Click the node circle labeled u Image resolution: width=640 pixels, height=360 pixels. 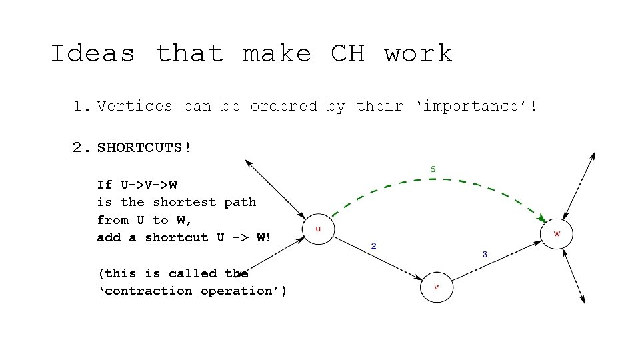[318, 229]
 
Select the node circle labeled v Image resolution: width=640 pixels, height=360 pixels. [437, 287]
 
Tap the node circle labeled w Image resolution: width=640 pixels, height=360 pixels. [557, 233]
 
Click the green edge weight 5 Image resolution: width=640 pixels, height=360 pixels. [433, 169]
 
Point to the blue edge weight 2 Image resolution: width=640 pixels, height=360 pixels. [373, 245]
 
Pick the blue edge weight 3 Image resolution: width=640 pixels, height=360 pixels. [485, 254]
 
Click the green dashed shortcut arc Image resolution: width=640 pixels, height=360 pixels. [433, 180]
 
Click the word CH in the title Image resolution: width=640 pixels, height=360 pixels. [347, 53]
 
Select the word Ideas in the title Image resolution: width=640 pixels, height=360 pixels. [93, 53]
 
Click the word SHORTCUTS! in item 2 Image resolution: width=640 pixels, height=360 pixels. [144, 147]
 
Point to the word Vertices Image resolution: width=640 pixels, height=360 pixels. [135, 106]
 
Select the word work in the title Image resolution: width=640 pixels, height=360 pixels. [418, 53]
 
